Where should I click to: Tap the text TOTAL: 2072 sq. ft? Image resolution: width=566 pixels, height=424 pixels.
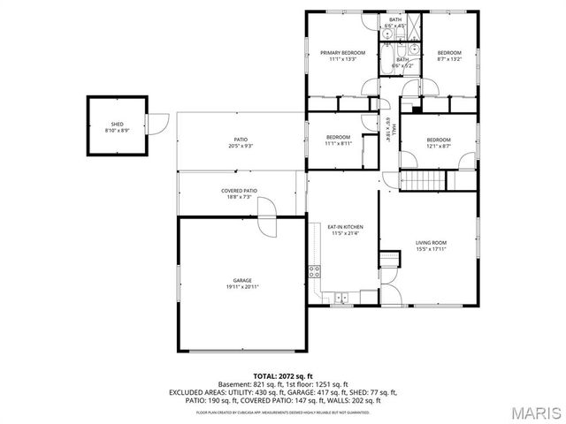pos(283,376)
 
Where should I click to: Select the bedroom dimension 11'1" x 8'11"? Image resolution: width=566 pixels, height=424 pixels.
pos(338,143)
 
